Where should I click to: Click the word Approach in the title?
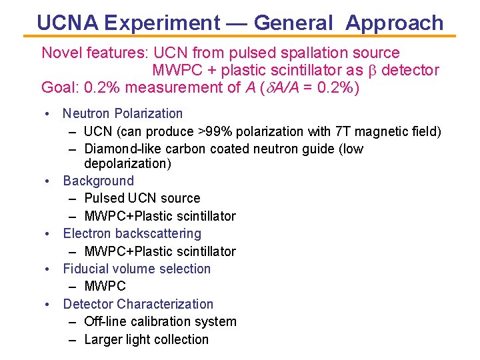coord(394,23)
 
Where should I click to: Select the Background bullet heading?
coord(98,181)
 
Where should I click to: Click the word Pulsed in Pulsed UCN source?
coord(105,198)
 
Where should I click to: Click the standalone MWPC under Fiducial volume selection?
coord(105,286)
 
